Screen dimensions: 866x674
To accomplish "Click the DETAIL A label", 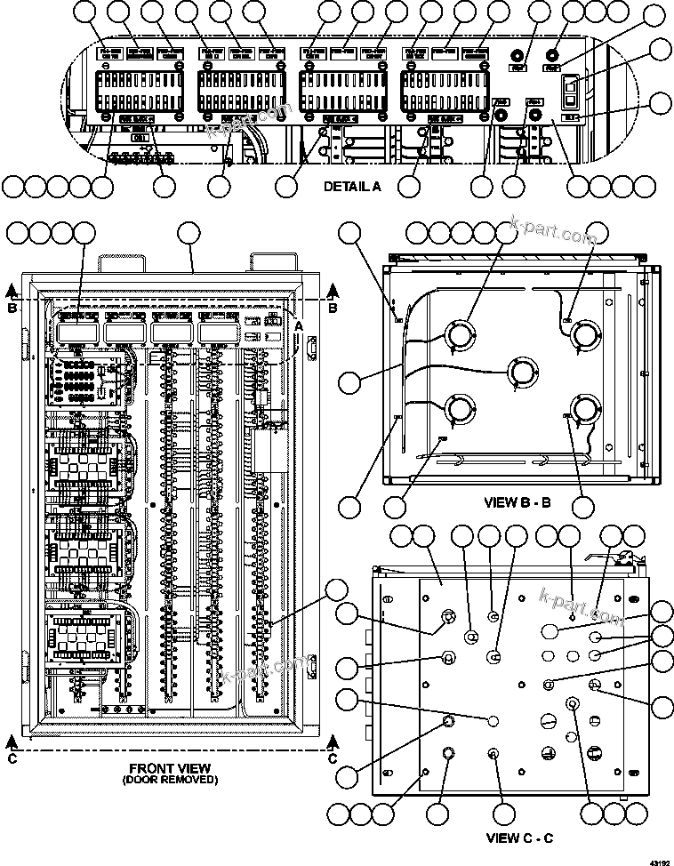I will tap(351, 187).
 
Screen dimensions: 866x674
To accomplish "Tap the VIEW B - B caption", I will tap(518, 502).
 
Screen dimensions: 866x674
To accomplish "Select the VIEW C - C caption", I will tap(520, 838).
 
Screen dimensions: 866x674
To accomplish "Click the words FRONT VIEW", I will tap(170, 767).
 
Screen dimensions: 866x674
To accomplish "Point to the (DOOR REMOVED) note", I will tap(170, 780).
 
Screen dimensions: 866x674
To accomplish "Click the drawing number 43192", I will tap(659, 861).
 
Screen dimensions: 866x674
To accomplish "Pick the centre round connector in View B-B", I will tap(523, 371).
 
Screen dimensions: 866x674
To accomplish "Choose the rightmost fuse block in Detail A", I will tap(445, 90).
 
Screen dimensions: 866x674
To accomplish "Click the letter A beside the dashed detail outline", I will tap(299, 326).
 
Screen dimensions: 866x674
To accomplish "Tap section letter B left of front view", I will tap(11, 309).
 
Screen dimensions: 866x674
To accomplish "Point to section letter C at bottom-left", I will tap(11, 758).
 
